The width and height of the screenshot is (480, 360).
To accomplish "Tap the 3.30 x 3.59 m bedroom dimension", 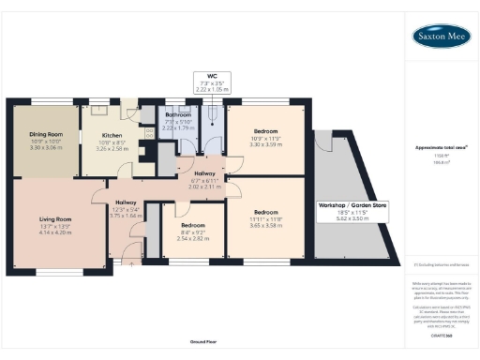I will (x=264, y=143).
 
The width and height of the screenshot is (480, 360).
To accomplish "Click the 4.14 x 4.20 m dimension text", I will (x=56, y=232).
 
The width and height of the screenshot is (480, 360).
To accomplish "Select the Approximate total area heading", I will (x=442, y=147).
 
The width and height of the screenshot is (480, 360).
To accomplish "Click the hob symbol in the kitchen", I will (x=149, y=132).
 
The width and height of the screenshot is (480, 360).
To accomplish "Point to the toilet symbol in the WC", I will (x=214, y=116).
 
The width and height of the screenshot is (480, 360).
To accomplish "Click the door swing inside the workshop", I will (x=324, y=143).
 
